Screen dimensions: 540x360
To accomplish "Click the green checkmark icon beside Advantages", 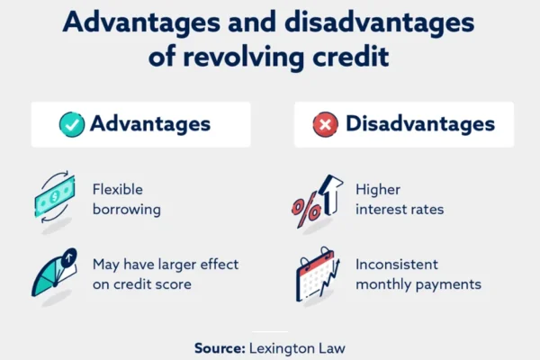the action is (72, 124).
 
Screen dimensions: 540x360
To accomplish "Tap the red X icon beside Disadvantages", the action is (326, 124).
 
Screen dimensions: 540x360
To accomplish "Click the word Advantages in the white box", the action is (150, 123).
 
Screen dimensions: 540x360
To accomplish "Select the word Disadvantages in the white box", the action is (420, 123).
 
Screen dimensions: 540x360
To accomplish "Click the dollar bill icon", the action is (55, 197).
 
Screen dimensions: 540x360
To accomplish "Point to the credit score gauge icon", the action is (54, 272).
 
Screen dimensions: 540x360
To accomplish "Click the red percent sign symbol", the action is (306, 210).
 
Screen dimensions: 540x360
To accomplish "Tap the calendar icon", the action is (317, 274).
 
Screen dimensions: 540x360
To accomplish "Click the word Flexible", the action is (117, 190).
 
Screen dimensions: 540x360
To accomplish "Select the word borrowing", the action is (127, 210).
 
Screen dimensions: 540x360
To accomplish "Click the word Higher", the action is (378, 190).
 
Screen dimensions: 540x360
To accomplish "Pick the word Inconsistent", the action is (397, 265).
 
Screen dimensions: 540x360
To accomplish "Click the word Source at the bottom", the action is (220, 348).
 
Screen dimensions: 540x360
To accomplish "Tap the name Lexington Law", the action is (297, 348).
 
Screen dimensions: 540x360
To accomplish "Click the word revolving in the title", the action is (244, 57).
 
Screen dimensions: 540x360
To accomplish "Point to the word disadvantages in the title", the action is (380, 22).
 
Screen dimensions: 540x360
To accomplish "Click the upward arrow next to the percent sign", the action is (330, 194).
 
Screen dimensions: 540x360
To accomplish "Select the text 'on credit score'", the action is (142, 284).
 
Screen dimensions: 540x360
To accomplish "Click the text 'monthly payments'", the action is (418, 285).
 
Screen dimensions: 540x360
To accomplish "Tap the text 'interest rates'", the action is (400, 210).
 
